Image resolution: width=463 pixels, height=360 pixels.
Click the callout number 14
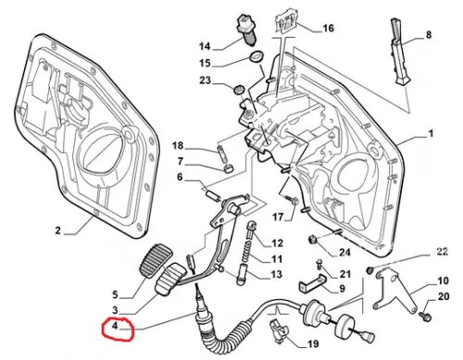coord(205,46)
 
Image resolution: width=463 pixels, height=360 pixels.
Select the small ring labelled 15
coord(256,57)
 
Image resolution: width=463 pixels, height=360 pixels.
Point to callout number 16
coord(328,29)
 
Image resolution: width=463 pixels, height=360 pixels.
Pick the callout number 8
coord(429,34)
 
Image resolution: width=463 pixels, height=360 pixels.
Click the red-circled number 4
coord(115,326)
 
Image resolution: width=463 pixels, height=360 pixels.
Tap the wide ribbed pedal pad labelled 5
coord(154,260)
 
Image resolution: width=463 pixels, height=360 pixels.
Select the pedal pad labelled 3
coord(171,279)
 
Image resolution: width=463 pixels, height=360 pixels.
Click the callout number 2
coord(58,230)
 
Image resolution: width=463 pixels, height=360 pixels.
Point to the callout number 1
coord(431,133)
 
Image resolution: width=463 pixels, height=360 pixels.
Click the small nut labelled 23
coord(238,90)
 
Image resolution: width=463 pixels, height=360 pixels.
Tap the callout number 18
coord(178,145)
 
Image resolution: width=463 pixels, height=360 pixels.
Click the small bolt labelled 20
coord(425,316)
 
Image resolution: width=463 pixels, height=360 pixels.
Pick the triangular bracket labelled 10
coord(394,290)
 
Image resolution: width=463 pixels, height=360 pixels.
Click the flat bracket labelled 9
coord(313,283)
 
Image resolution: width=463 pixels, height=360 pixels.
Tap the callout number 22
coord(442,252)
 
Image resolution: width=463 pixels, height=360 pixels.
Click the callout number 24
coord(344,253)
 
